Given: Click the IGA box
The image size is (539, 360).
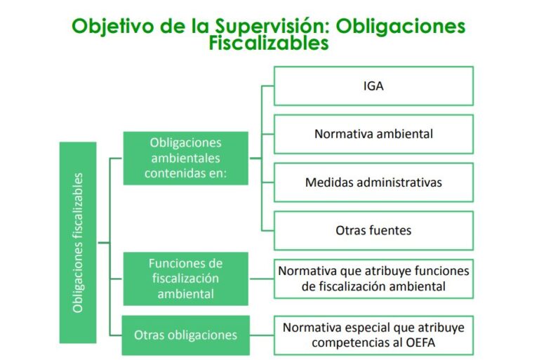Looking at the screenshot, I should (373, 86).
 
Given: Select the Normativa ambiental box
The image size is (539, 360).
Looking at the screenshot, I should (373, 133).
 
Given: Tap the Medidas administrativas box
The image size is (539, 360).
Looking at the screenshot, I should (373, 182).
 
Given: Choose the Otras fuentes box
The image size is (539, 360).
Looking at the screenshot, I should (373, 229).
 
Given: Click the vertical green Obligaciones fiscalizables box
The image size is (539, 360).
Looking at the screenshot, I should (78, 242).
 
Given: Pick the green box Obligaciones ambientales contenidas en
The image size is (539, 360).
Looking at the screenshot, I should (186, 158).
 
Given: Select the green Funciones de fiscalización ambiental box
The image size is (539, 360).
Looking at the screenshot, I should (186, 279).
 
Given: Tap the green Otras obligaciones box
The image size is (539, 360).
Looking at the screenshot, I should (186, 334).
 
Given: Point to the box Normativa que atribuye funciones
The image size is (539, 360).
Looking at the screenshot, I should (373, 279).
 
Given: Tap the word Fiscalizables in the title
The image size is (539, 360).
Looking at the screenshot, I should (269, 43).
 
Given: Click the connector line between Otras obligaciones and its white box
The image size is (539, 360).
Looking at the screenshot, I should (261, 335).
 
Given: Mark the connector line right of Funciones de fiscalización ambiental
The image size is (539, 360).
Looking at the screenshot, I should (261, 279).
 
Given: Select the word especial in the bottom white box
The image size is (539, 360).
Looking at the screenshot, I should (361, 327).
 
